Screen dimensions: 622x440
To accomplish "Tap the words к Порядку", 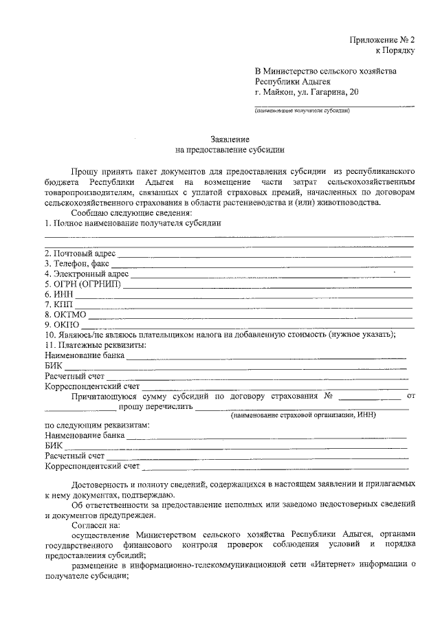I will (x=395, y=50).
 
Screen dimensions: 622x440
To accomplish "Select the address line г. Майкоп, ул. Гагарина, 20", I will (x=306, y=91).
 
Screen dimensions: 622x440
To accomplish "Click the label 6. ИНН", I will (x=58, y=293).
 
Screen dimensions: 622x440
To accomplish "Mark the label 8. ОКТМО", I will (x=66, y=314).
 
